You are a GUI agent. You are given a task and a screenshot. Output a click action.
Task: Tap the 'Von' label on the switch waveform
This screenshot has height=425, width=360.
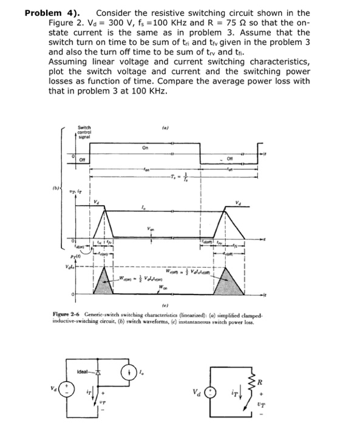click(x=151, y=229)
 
